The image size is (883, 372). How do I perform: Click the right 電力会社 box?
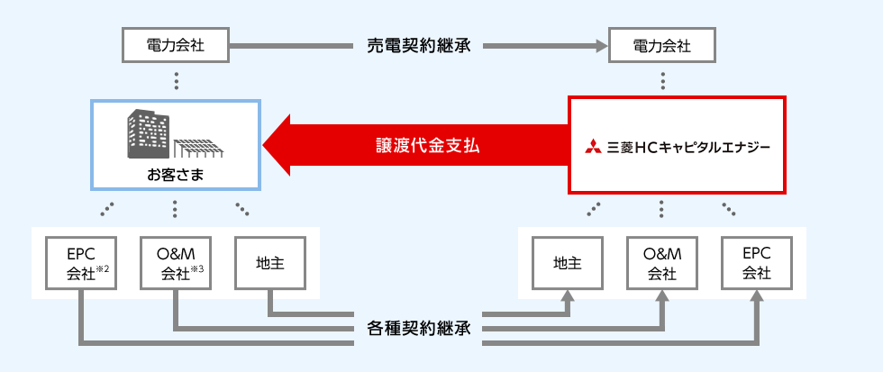(x=662, y=44)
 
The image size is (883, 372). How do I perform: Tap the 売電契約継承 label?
(x=418, y=44)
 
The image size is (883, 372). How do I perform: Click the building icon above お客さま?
(x=150, y=133)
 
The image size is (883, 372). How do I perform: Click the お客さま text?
(x=175, y=174)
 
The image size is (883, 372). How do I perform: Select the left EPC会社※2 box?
(x=80, y=263)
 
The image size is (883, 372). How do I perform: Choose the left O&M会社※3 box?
(x=175, y=263)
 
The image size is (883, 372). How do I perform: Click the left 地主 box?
(x=269, y=263)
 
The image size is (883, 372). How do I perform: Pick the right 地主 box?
(x=568, y=263)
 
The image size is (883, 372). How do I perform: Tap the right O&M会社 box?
(x=662, y=263)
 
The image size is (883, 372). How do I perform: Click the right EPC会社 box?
(x=756, y=263)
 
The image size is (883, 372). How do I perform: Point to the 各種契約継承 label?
(x=418, y=327)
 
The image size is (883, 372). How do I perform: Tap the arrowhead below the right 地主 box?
(x=568, y=297)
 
